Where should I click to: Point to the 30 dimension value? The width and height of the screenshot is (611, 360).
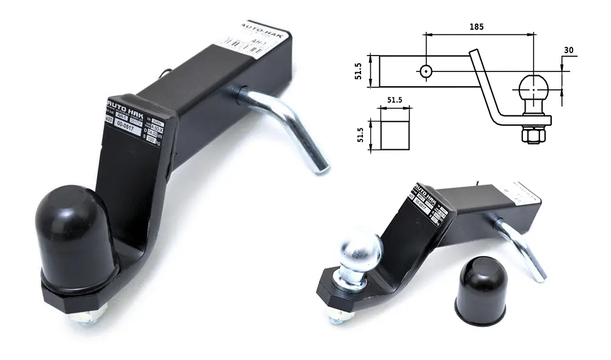tap(568, 51)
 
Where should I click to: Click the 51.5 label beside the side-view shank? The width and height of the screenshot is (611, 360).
tap(360, 71)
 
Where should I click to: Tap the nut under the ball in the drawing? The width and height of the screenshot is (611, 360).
tap(533, 135)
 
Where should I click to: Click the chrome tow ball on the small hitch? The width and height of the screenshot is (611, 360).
tap(360, 252)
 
